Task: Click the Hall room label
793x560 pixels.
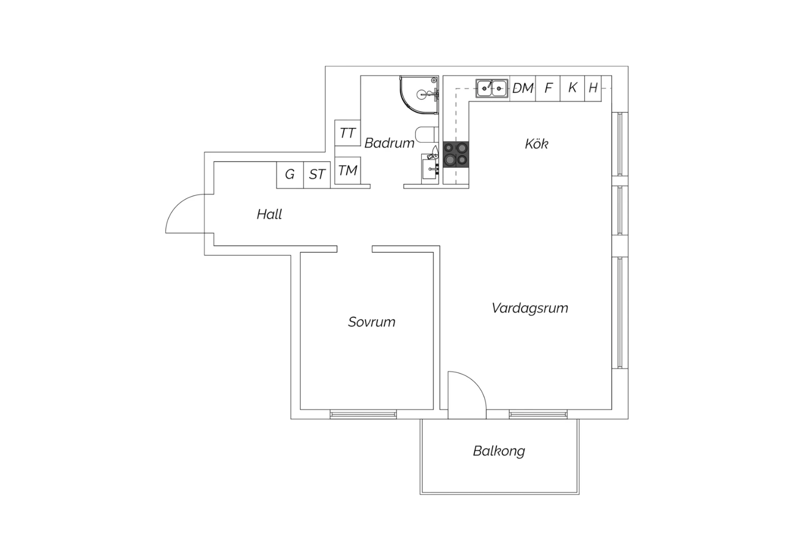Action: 270,214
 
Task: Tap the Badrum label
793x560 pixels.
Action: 390,143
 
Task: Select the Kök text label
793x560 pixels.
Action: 537,144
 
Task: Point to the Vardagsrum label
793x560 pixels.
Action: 530,308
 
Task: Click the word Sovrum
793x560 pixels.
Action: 372,322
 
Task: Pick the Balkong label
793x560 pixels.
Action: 499,451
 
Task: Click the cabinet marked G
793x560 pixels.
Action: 290,175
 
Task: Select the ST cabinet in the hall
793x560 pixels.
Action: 317,175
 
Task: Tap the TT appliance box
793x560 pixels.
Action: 348,133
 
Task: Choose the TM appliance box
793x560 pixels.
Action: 348,171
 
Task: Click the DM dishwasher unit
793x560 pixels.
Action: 523,88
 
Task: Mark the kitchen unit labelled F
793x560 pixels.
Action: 548,88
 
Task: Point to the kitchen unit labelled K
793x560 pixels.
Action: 573,88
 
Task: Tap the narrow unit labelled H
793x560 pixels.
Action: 593,88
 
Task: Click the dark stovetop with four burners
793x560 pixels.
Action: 456,154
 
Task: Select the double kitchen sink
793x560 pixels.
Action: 492,88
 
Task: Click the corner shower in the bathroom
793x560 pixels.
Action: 419,95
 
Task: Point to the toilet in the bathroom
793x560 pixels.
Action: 427,134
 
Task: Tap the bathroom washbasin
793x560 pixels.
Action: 430,169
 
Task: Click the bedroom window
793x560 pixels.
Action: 363,414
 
